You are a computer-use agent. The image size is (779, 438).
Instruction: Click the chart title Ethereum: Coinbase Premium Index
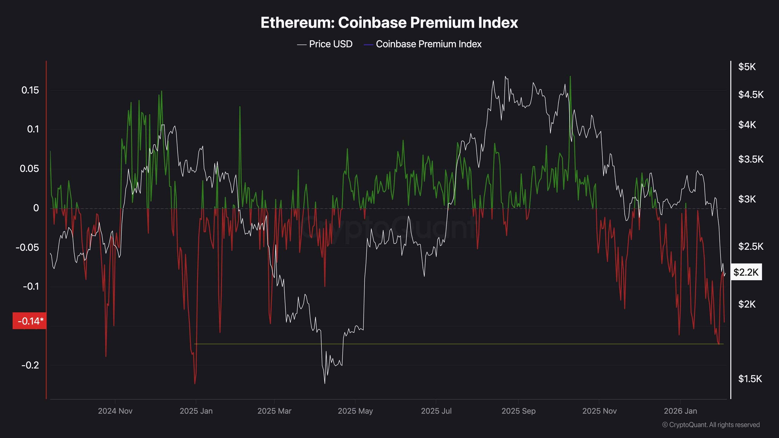coord(389,23)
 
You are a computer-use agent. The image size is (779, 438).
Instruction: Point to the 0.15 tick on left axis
coord(30,90)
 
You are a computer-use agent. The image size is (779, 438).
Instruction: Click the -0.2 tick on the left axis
coord(30,365)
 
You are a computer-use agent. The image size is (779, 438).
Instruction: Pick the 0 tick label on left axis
coord(36,208)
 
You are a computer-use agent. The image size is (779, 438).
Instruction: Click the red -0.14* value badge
coord(30,321)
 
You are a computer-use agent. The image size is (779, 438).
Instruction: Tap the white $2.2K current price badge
coord(746,272)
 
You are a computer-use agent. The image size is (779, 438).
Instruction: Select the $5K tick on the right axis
coord(747,67)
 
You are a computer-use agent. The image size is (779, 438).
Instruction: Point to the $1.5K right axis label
coord(750,379)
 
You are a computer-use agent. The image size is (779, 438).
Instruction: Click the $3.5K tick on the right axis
coord(751,159)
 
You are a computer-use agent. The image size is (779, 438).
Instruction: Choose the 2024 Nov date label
coord(115,411)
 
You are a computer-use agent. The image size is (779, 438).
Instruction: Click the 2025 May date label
coord(355,411)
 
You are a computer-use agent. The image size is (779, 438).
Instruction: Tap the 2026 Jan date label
coord(680,411)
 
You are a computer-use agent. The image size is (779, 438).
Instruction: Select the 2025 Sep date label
coord(518,411)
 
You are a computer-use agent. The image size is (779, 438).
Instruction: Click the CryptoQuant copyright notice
coord(711,425)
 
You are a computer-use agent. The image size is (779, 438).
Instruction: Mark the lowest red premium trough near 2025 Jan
coord(195,383)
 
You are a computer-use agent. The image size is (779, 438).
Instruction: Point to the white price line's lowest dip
coord(325,383)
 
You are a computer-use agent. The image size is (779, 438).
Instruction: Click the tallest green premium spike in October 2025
coord(570,77)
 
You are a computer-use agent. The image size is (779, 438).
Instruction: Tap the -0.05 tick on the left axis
coord(27,247)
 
